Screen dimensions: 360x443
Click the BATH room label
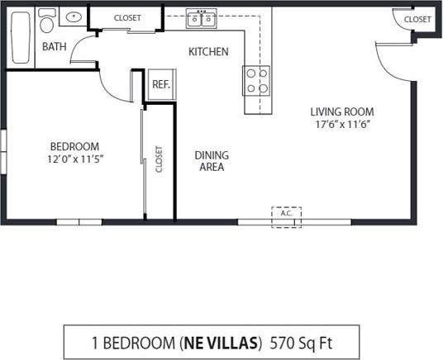55,47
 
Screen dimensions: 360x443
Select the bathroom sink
74,17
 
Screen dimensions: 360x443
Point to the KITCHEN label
208,52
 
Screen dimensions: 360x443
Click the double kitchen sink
201,19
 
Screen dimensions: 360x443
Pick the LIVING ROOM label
341,111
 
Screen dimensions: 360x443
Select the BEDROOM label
74,146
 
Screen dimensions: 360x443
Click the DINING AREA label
212,160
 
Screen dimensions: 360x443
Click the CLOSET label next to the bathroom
126,17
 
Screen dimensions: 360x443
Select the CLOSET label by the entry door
417,19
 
